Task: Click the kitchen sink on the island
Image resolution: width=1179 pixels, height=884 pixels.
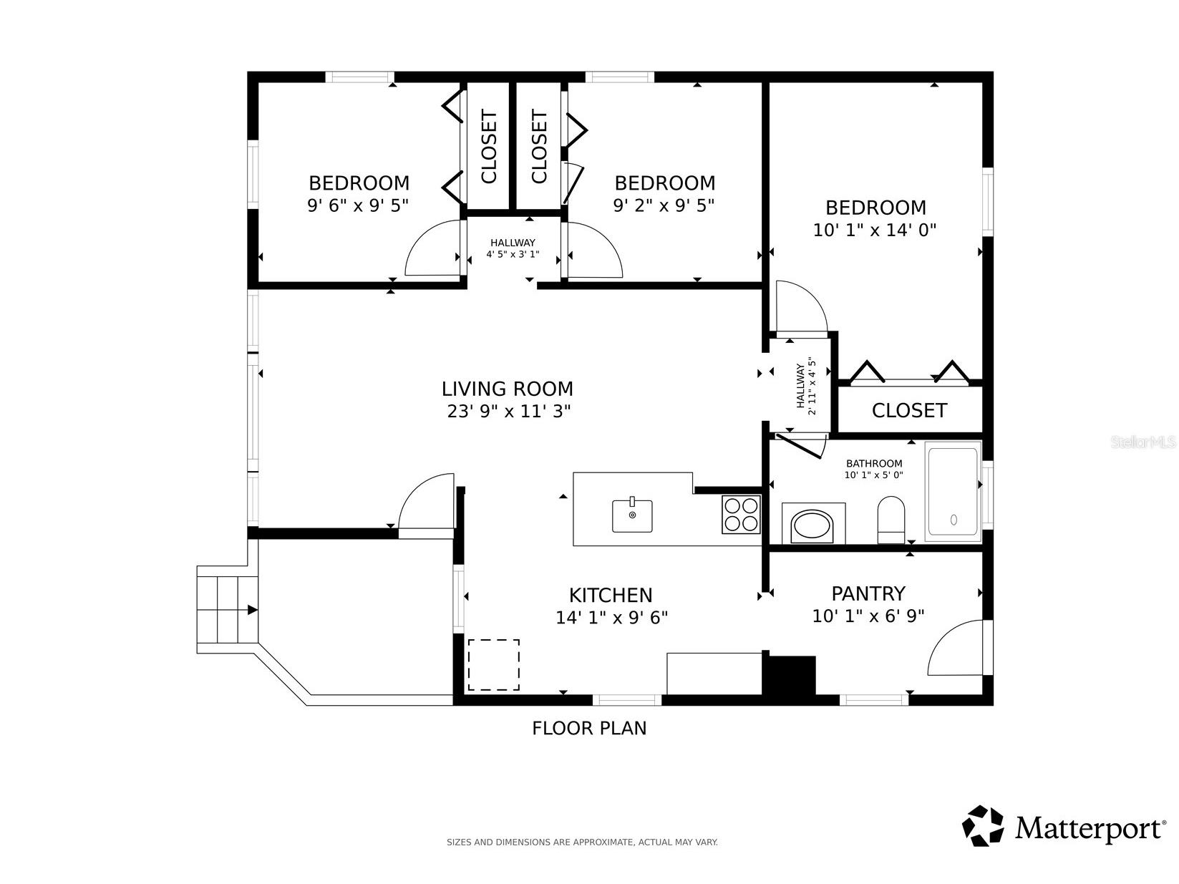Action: [632, 515]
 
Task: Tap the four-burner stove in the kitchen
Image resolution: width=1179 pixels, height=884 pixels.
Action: [741, 514]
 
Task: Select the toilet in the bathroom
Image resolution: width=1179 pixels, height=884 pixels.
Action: [891, 520]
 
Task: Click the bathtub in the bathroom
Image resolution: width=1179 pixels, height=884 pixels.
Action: [953, 492]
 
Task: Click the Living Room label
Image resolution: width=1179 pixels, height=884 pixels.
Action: [507, 388]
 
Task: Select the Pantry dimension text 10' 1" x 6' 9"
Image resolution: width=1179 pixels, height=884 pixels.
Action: [868, 616]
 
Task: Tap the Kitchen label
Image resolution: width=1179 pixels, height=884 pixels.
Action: [611, 595]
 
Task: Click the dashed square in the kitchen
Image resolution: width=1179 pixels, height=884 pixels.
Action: [494, 664]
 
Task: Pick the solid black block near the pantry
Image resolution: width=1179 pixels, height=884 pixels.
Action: [789, 675]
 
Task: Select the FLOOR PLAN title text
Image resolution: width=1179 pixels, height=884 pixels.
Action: [589, 728]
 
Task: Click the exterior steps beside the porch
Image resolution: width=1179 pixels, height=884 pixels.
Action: [227, 610]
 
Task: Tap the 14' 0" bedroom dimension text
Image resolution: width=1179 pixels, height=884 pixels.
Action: [875, 230]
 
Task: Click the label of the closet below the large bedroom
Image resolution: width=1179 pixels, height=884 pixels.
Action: [909, 410]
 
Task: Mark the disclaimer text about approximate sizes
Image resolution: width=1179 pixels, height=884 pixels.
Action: [582, 842]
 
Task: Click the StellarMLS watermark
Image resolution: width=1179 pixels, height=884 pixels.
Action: [1143, 442]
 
